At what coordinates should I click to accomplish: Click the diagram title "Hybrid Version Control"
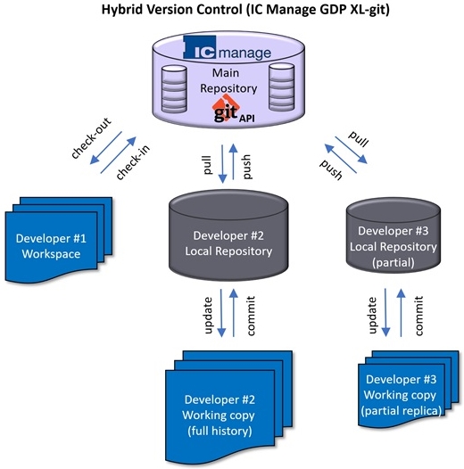(171, 10)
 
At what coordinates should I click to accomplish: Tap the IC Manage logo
(228, 48)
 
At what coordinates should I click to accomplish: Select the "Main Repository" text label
(228, 80)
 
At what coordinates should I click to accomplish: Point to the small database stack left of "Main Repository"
(174, 89)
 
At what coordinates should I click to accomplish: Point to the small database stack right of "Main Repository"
(281, 87)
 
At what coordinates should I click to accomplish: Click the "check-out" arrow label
(91, 138)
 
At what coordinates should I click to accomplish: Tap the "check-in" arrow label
(133, 162)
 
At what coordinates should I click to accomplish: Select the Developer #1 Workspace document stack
(59, 240)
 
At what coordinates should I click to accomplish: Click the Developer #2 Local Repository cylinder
(228, 235)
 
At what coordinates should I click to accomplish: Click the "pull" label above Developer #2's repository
(207, 165)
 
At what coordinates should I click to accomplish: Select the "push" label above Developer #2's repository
(247, 167)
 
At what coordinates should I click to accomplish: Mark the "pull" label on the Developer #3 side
(358, 139)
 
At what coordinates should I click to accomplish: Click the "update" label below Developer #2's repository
(208, 316)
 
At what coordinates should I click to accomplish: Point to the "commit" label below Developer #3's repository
(418, 316)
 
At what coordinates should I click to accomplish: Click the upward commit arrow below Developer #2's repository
(234, 313)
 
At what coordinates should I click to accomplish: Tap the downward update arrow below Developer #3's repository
(385, 312)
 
